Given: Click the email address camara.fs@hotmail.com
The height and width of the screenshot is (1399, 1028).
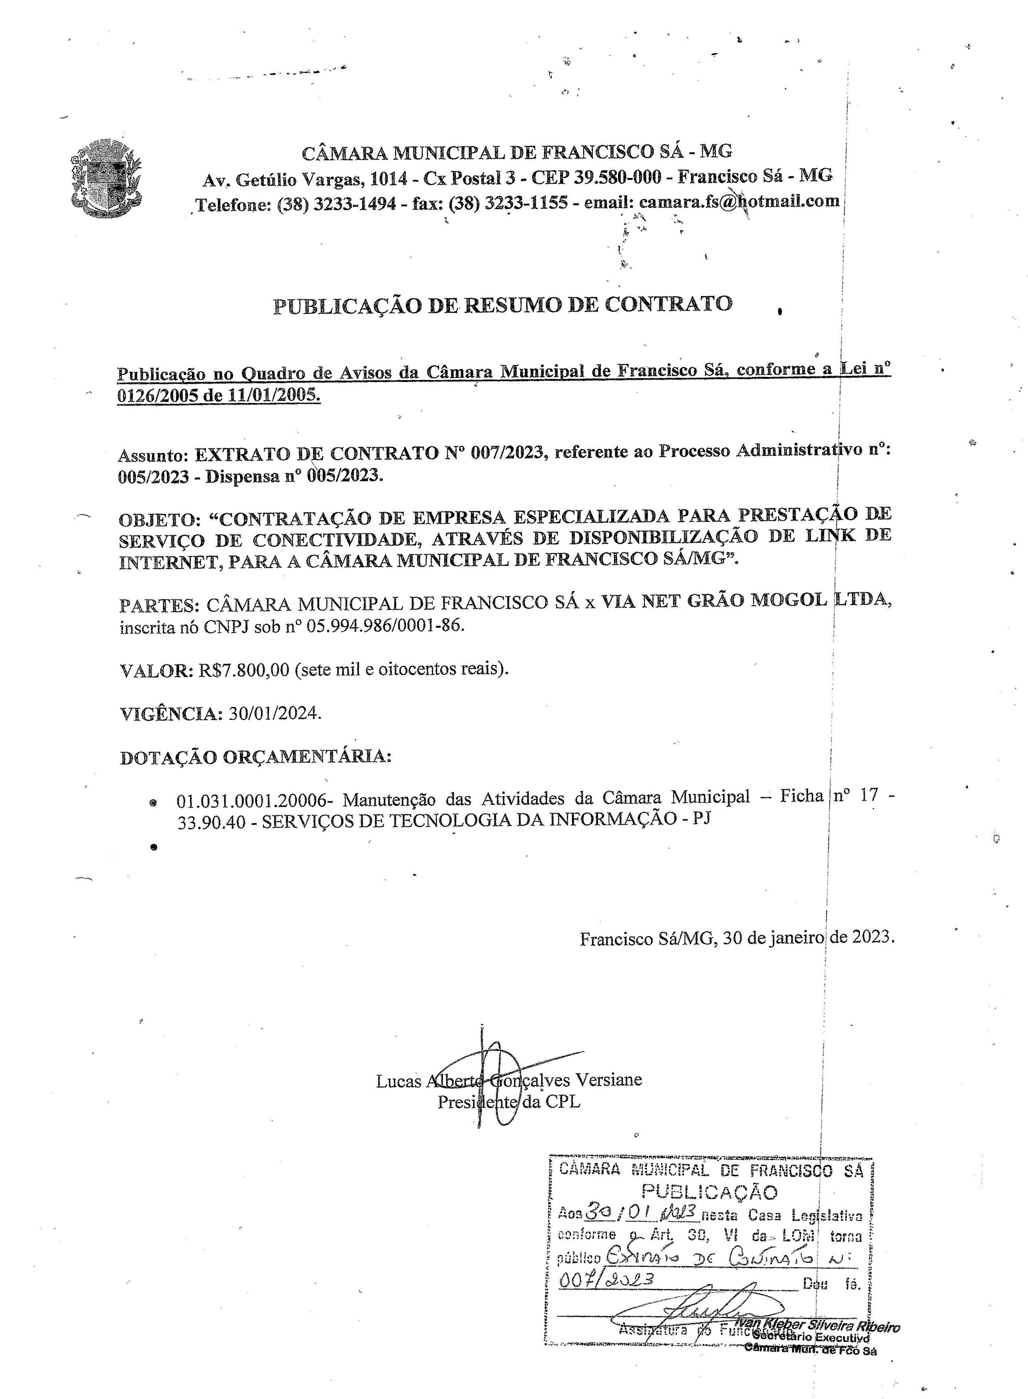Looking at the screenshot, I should point(739,201).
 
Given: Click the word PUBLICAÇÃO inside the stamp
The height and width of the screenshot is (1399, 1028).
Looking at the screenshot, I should point(710,1191).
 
